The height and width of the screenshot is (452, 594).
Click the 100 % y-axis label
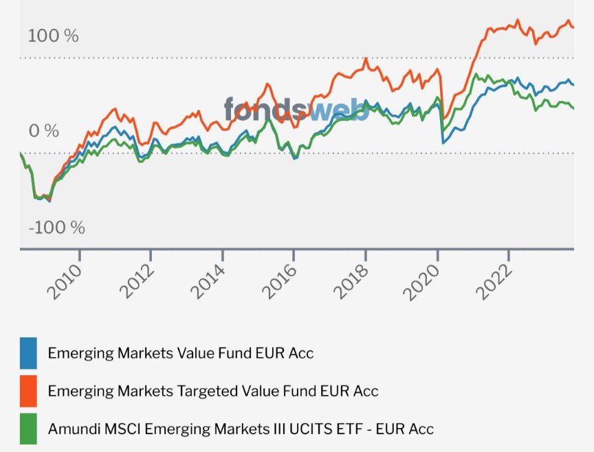[54, 36]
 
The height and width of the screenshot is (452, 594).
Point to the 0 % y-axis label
[43, 131]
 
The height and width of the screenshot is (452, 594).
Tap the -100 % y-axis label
[56, 227]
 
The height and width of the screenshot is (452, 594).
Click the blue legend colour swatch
[28, 353]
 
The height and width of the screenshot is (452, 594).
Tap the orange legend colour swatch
[28, 390]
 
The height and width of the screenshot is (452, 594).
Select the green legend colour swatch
[28, 428]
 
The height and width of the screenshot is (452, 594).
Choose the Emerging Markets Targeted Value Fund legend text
[213, 391]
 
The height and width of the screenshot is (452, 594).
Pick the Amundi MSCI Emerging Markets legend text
[241, 429]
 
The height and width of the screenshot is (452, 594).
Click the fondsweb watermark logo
[296, 109]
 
